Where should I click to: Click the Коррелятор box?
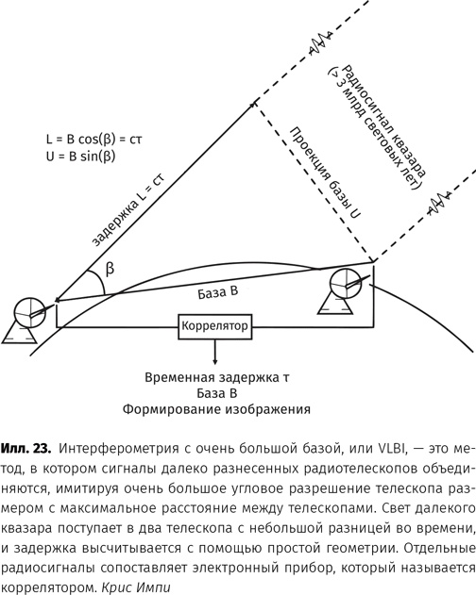pos(215,326)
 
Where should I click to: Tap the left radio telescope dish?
pos(29,312)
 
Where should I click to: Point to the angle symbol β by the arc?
pos(110,269)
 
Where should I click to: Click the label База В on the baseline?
pos(218,292)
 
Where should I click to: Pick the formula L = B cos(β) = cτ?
pos(93,140)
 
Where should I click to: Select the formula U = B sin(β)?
pos(80,157)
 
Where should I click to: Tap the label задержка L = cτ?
pos(128,209)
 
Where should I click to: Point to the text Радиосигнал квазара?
pos(383,121)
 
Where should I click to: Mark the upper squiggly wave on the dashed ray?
pos(321,41)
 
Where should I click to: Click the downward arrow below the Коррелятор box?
pos(215,352)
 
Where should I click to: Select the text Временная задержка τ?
pos(217,378)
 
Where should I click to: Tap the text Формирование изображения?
pos(216,409)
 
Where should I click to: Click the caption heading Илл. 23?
pos(25,448)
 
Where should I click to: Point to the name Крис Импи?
pos(136,587)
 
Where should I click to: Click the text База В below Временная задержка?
pos(217,393)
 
